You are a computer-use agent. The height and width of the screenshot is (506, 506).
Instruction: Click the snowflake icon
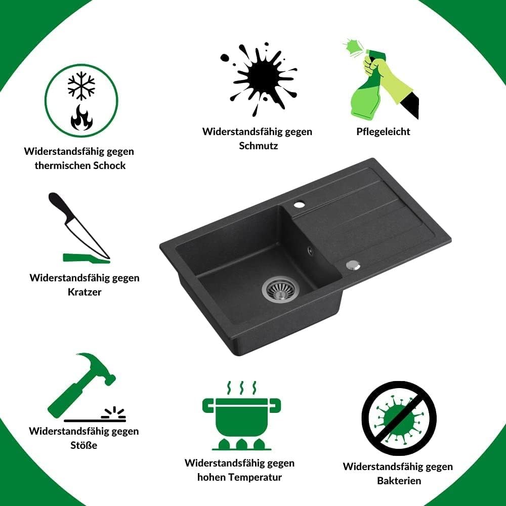pyautogui.click(x=81, y=86)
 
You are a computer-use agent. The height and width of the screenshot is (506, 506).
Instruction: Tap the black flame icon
pyautogui.click(x=81, y=117)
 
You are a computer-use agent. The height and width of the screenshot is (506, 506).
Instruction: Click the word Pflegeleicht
pyautogui.click(x=383, y=132)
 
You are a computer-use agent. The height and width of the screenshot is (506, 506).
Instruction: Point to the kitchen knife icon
pyautogui.click(x=79, y=226)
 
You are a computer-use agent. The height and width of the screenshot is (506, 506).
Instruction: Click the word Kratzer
pyautogui.click(x=85, y=292)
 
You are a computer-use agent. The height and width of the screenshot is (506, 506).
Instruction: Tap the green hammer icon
pyautogui.click(x=81, y=385)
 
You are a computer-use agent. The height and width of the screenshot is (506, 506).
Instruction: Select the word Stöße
pyautogui.click(x=84, y=445)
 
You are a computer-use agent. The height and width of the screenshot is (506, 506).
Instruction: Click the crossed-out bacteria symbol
pyautogui.click(x=399, y=418)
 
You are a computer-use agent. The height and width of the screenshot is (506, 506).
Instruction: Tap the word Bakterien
pyautogui.click(x=399, y=481)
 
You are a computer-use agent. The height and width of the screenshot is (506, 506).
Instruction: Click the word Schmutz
pyautogui.click(x=258, y=146)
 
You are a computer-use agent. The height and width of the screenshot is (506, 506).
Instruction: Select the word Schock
pyautogui.click(x=109, y=165)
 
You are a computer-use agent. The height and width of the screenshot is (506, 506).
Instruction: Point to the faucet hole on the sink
pyautogui.click(x=299, y=204)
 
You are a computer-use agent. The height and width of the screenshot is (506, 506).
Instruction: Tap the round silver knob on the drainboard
pyautogui.click(x=353, y=265)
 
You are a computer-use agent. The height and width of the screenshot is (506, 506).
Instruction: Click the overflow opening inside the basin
pyautogui.click(x=310, y=250)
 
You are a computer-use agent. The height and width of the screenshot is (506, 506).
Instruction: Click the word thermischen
pyautogui.click(x=63, y=165)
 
